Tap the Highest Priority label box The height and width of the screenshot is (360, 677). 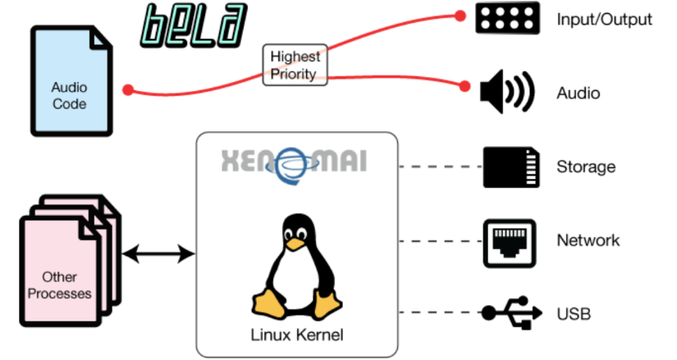tap(295, 66)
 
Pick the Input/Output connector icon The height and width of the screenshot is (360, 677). tap(508, 18)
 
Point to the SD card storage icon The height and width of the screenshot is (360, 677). tap(510, 166)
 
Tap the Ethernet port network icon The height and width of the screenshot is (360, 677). tap(510, 241)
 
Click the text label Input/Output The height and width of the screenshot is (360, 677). tap(604, 19)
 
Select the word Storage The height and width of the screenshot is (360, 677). tap(586, 167)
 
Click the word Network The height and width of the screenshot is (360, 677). tap(588, 241)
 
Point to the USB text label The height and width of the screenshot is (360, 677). tap(573, 313)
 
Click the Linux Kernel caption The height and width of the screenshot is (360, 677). tap(297, 335)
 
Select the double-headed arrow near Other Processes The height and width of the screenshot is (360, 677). tap(158, 255)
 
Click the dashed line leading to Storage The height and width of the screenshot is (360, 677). tap(440, 166)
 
